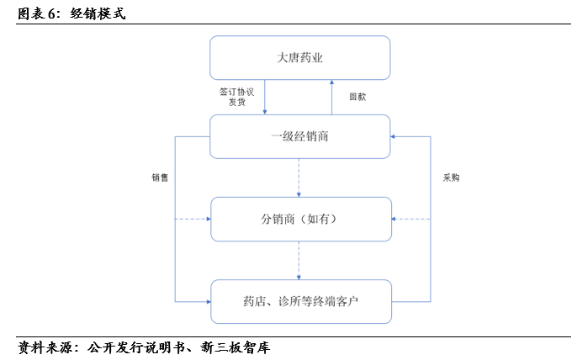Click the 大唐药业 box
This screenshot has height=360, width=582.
[300, 58]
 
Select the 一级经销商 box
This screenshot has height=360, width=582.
[300, 136]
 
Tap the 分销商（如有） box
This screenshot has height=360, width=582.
[301, 219]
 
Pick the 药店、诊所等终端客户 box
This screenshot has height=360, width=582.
[301, 301]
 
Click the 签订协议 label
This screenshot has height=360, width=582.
[237, 92]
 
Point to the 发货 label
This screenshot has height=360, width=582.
[237, 102]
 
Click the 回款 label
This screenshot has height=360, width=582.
[357, 97]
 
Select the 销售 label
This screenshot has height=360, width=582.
[160, 177]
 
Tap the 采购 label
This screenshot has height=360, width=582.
[451, 177]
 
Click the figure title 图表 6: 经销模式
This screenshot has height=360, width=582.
[71, 13]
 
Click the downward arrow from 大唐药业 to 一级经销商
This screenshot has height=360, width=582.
[265, 98]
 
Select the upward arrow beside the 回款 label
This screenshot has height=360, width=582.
[332, 98]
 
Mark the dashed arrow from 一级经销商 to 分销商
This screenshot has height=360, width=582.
[299, 177]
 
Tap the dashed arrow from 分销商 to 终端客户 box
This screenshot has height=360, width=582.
[299, 260]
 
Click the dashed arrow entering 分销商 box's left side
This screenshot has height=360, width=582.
[193, 219]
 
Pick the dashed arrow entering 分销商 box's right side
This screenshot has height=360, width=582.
[411, 219]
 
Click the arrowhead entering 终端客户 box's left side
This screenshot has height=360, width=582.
[209, 302]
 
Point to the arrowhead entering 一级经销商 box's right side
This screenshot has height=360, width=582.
[393, 136]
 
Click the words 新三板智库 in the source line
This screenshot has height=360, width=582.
[235, 347]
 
